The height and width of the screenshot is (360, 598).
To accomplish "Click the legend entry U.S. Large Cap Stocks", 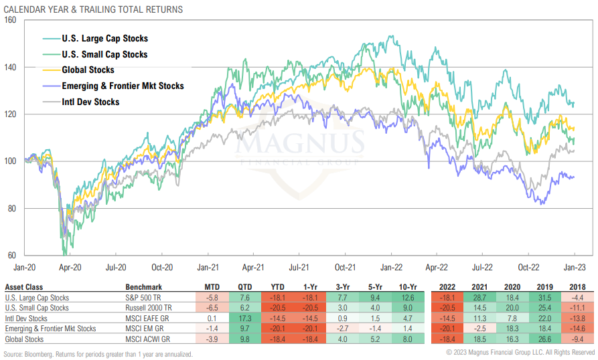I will tap(104, 39).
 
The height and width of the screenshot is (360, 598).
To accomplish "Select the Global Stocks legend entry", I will tap(88, 70).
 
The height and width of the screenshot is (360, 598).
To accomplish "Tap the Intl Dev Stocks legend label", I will tap(90, 102).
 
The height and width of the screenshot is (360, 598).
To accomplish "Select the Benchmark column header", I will tap(143, 287).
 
